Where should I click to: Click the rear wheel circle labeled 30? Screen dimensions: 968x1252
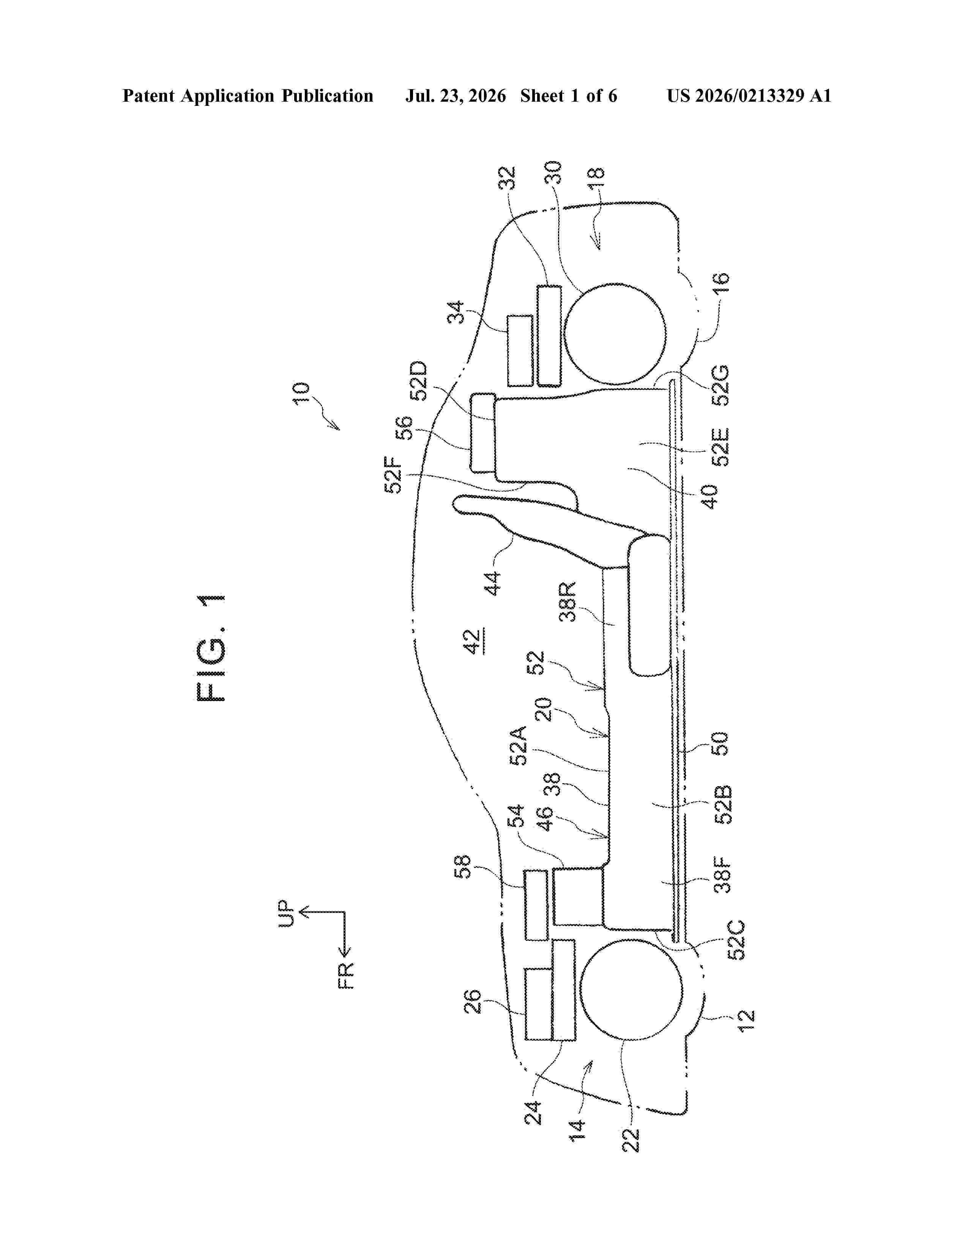pos(615,333)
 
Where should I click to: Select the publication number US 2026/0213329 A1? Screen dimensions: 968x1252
pos(749,96)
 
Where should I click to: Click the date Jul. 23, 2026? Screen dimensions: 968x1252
pos(456,96)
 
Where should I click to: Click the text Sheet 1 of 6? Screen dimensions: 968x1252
pos(569,96)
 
